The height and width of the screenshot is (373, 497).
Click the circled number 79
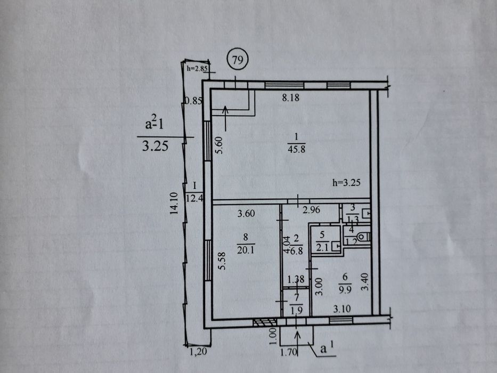pos(238,60)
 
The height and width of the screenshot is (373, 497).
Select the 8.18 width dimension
pos(291,98)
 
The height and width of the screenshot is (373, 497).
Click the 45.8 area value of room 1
pos(296,149)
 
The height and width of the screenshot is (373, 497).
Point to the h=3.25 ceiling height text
pos(346,183)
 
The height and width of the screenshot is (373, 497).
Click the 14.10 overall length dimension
pos(174,204)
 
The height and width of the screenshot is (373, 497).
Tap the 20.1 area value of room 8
pos(246,250)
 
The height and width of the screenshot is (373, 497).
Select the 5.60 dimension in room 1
pos(219,145)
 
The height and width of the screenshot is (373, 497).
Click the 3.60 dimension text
pos(246,214)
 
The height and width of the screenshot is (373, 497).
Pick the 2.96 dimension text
pos(311,209)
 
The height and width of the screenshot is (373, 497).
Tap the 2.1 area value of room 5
pos(322,248)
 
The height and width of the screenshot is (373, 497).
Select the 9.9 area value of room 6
pos(345,290)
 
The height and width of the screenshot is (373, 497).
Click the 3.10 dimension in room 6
pos(341,309)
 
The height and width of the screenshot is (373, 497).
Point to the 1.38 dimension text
pos(296,279)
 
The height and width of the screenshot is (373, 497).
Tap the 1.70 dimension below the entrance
pos(288,352)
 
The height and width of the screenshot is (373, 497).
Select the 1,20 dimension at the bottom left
pos(198,352)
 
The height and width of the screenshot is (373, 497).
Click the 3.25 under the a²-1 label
pos(155,146)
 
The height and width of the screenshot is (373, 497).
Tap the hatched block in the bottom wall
pos(265,322)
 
